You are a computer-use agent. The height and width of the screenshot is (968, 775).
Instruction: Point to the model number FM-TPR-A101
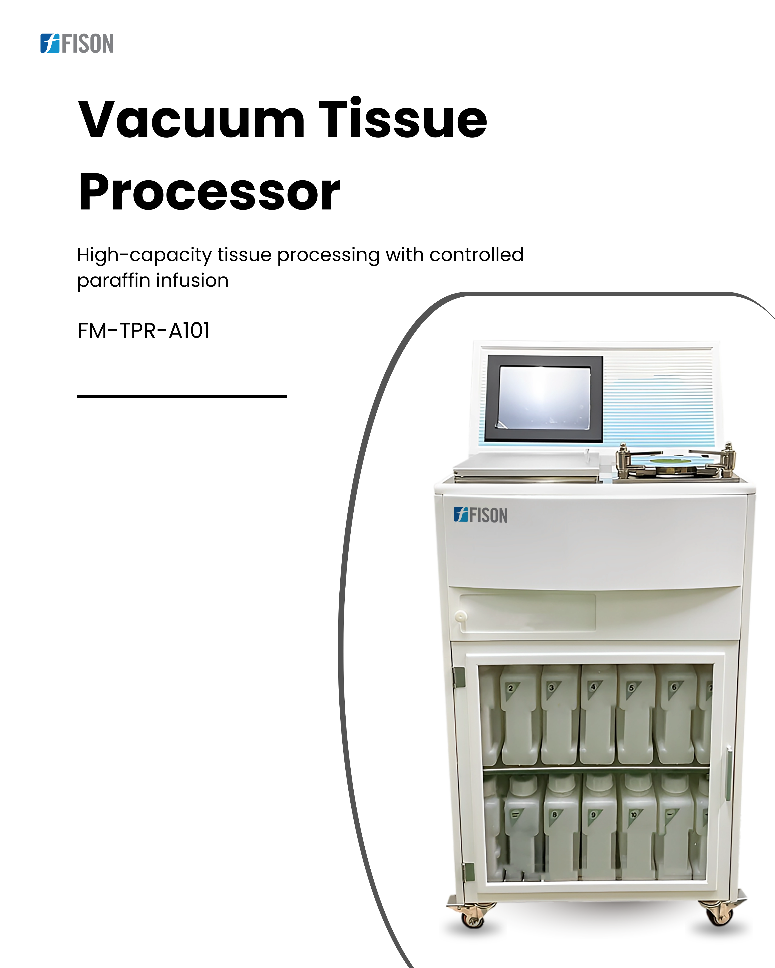tap(144, 331)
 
